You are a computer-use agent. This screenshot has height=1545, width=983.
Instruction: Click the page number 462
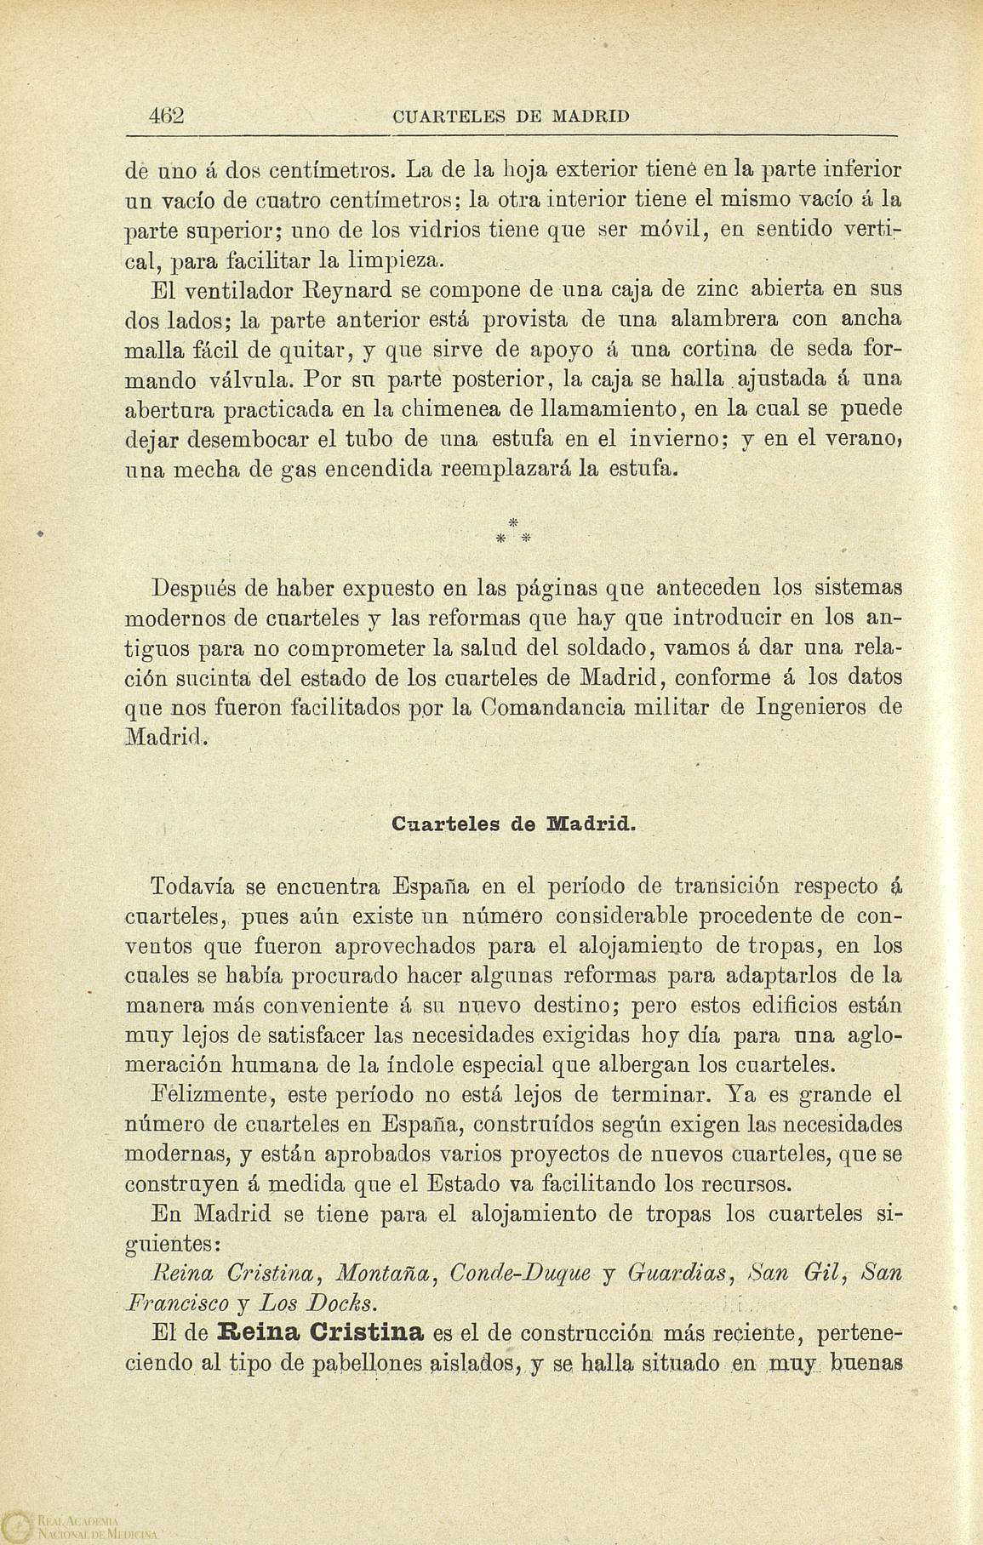(167, 116)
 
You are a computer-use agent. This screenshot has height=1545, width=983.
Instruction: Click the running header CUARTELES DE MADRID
(512, 117)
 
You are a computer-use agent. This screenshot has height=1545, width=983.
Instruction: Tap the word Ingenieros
(819, 707)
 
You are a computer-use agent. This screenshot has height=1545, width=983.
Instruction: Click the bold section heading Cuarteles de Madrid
(514, 824)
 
